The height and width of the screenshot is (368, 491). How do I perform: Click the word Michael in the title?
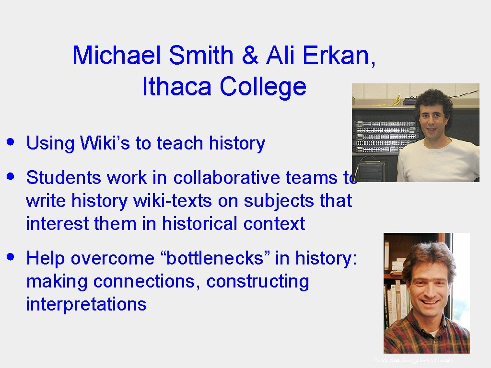117,56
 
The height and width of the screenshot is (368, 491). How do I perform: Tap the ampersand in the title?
249,56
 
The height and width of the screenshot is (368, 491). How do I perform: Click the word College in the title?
263,87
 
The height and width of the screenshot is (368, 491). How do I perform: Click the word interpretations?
86,304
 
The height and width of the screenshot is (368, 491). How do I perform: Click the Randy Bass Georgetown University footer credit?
413,360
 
